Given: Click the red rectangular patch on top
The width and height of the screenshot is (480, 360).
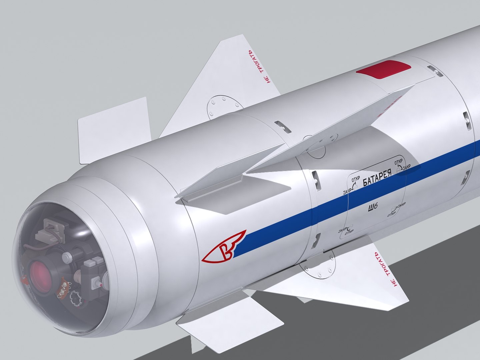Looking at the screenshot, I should pos(383,69).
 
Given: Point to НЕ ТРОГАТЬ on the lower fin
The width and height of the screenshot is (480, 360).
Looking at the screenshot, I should pos(386,269).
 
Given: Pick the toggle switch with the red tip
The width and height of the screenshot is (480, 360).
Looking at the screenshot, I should pos(97,284).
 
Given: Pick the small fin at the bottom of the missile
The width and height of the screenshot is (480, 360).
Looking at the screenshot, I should pos(230,323).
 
